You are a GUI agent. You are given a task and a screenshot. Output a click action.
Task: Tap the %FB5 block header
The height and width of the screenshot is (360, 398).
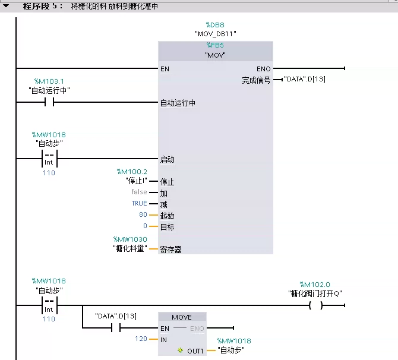(215, 45)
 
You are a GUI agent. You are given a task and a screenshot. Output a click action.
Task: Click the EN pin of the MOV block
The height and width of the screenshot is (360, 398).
(165, 69)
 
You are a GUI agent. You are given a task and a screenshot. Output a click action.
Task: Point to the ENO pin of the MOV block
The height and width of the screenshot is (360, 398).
(263, 69)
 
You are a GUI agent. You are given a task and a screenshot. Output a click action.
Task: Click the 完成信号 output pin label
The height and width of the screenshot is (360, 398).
(255, 80)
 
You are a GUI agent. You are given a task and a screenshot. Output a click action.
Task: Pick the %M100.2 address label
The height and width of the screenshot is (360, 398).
(131, 172)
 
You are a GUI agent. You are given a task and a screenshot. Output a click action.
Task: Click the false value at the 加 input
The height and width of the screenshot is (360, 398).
(139, 192)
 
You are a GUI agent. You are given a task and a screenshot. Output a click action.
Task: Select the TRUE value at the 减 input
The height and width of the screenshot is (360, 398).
(139, 204)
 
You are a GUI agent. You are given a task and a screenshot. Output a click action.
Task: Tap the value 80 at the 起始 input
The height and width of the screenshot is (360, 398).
(143, 215)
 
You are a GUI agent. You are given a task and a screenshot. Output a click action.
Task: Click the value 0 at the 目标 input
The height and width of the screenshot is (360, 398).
(144, 226)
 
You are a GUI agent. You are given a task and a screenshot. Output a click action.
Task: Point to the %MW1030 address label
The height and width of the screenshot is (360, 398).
(131, 239)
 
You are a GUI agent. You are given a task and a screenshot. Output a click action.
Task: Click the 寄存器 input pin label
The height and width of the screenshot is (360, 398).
(170, 250)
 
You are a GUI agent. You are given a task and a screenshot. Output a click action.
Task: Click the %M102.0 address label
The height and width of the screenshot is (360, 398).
(315, 285)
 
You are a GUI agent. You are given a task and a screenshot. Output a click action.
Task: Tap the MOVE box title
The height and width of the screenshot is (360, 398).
(182, 317)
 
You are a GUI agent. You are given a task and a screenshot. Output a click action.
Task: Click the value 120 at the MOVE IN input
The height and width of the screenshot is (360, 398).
(141, 339)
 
